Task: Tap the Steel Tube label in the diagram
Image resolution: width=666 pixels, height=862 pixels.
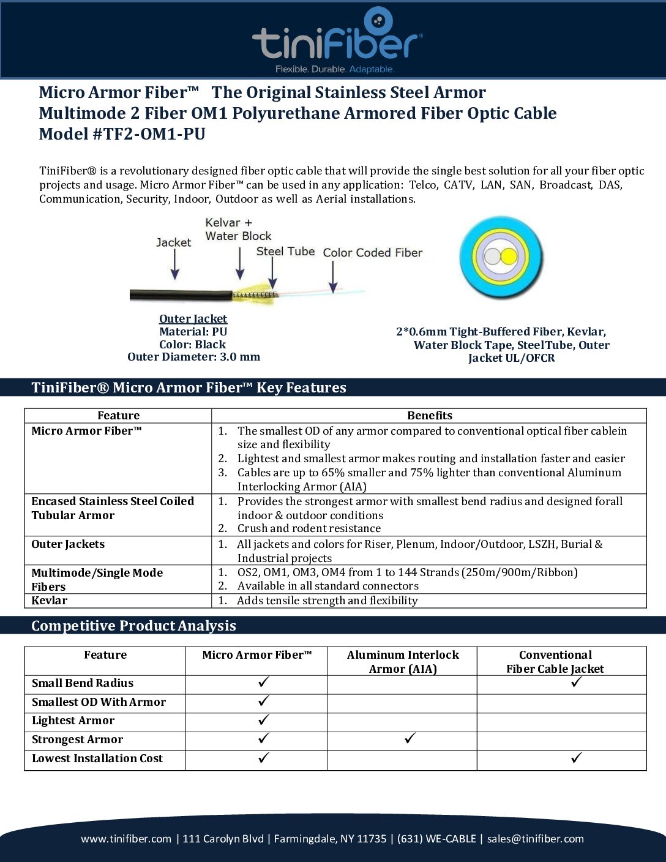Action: coord(285,251)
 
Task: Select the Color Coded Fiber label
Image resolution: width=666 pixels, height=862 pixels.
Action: coord(372,252)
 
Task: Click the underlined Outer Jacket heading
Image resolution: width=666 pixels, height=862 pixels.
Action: coord(193,318)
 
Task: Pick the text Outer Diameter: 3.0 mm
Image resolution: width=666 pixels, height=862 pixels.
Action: coord(193,357)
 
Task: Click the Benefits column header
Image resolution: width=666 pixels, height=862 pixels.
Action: coord(429,416)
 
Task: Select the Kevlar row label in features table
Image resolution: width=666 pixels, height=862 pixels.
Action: coord(50,601)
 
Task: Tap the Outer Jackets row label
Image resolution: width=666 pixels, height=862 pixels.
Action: coord(68,544)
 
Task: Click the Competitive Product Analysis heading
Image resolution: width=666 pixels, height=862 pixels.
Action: coord(133,626)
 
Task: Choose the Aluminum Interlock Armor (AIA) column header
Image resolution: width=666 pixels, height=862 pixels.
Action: coord(403,662)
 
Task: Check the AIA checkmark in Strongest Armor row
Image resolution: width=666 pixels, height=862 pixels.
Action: coord(410,738)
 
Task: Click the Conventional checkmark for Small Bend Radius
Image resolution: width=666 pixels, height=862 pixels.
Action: coord(576,682)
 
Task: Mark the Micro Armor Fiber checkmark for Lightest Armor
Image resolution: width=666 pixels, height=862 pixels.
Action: coord(264,720)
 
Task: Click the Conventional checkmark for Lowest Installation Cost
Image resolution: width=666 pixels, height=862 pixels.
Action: coord(576,758)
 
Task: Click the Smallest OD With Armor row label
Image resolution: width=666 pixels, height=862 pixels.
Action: coord(99,702)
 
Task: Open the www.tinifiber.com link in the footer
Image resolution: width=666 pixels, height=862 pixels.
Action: coord(126,839)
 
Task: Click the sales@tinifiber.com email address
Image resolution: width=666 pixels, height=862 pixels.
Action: coord(535,839)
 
